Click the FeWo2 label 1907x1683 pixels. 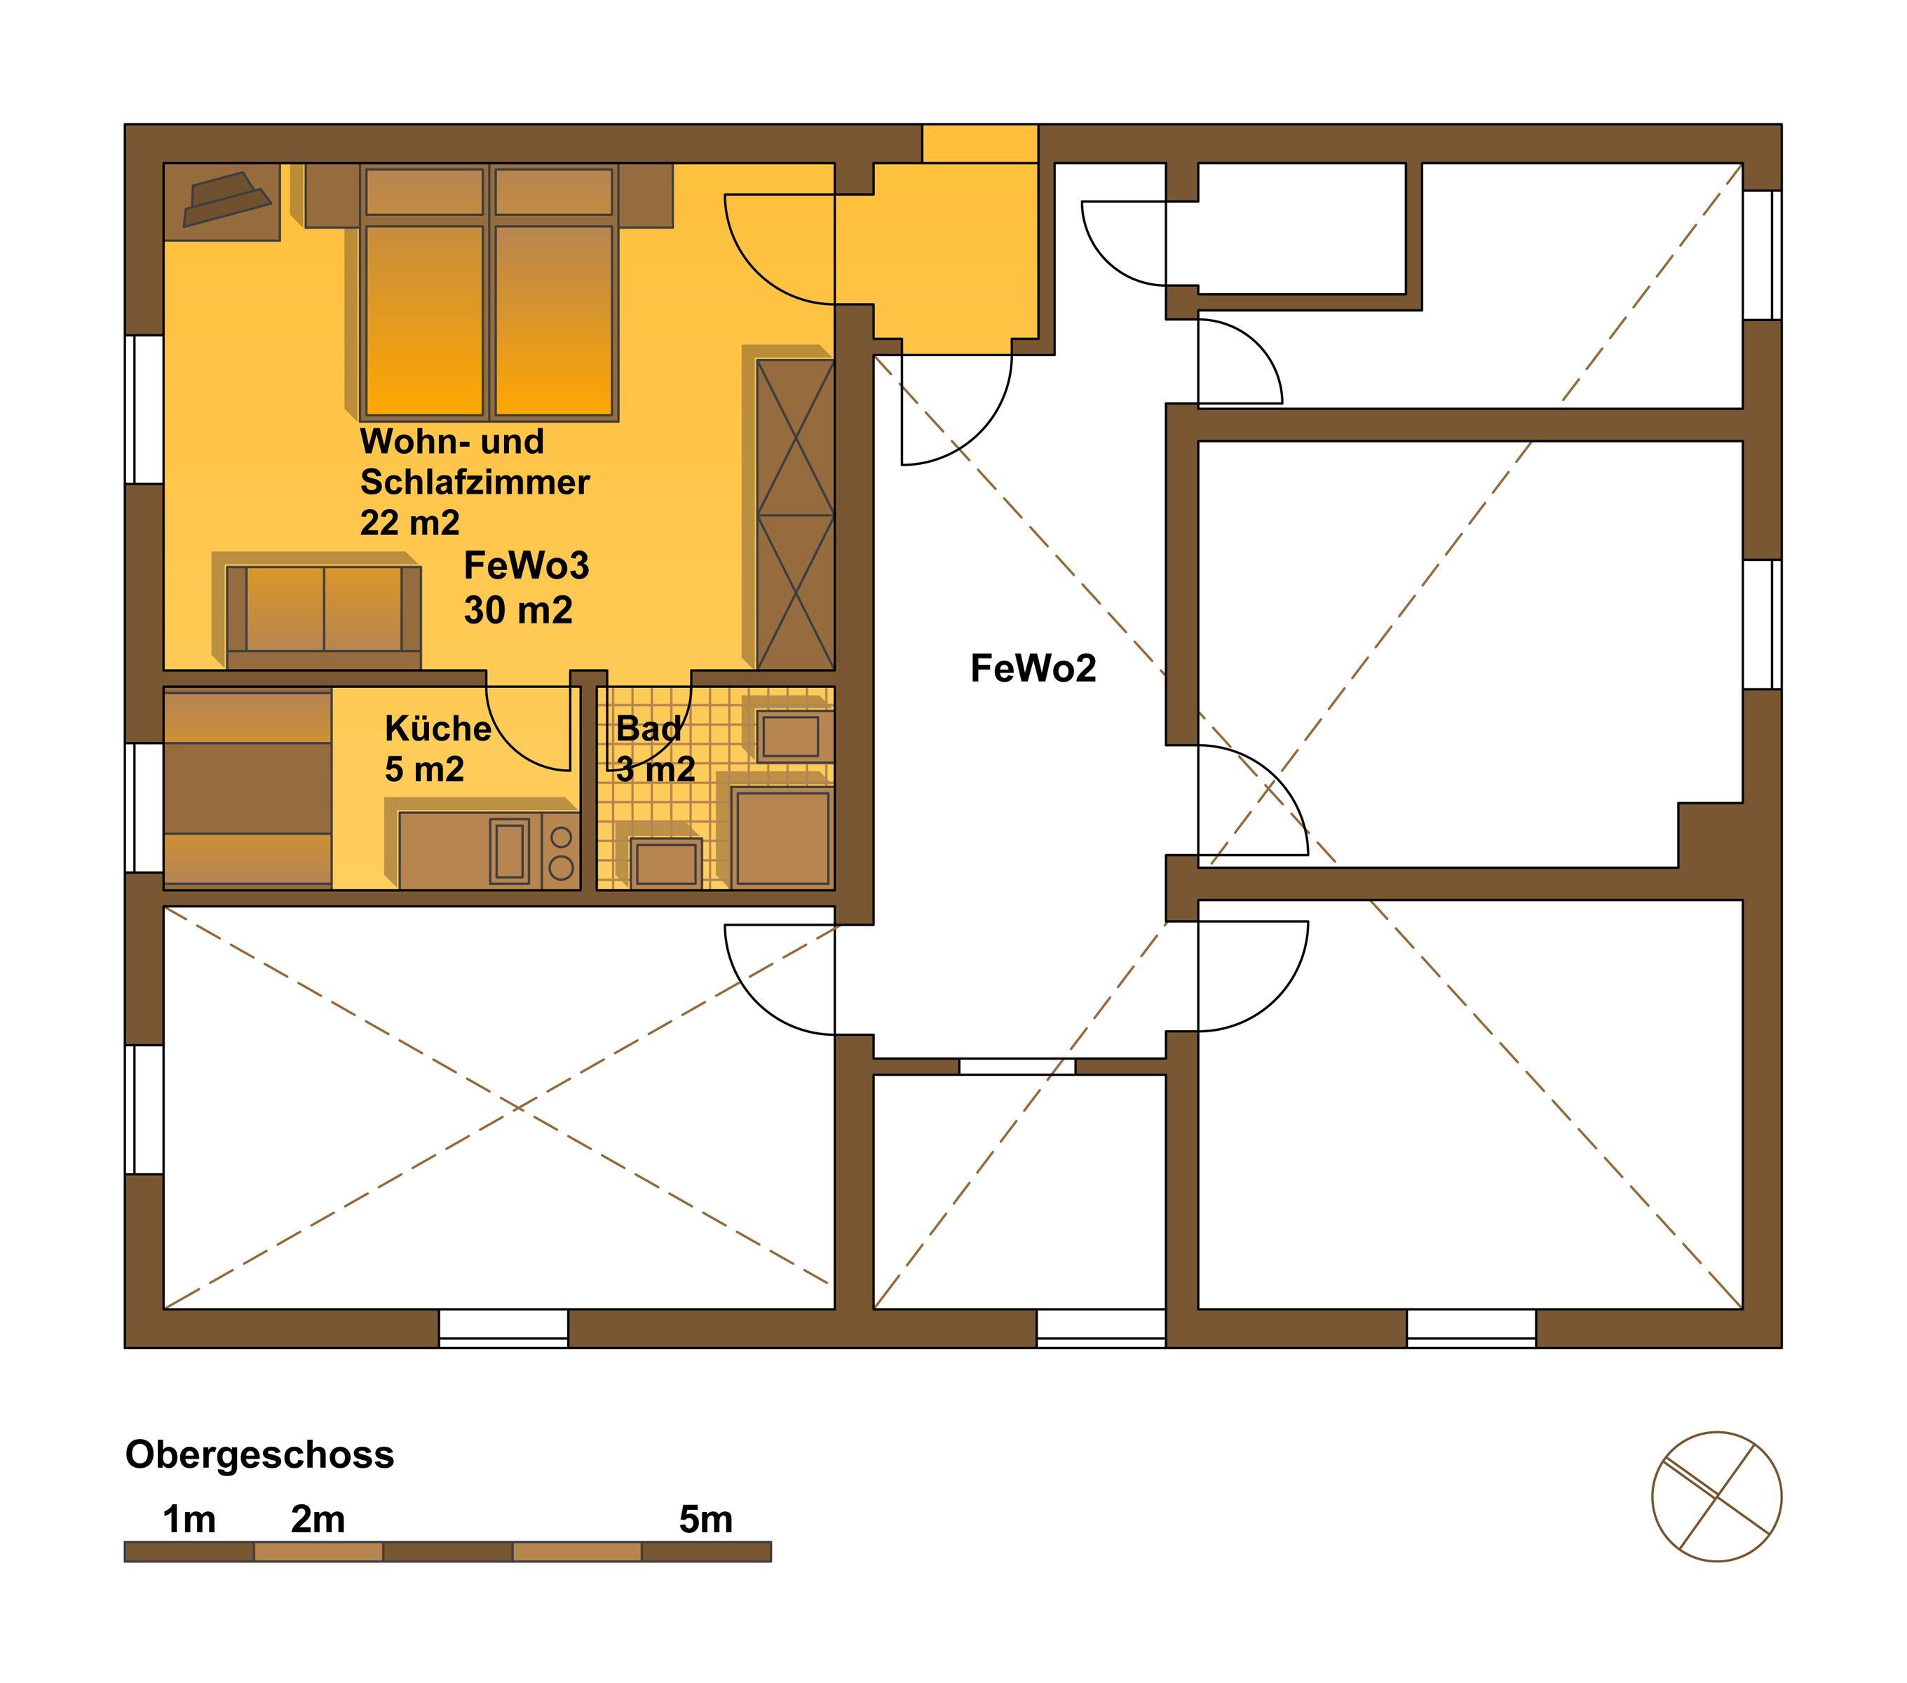click(1033, 669)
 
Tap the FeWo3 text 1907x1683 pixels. click(527, 565)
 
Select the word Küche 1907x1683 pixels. click(437, 728)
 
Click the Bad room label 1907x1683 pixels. click(649, 728)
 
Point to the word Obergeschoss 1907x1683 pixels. click(259, 1454)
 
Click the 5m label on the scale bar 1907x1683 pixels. click(705, 1520)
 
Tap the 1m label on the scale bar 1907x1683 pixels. click(189, 1520)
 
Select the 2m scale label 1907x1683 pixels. click(318, 1520)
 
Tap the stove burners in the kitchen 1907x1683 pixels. click(561, 851)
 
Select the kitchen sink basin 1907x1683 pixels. click(510, 851)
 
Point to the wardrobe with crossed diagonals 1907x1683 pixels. click(795, 514)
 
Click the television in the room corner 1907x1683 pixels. click(226, 198)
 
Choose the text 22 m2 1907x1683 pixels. click(409, 522)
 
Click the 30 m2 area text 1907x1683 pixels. click(518, 610)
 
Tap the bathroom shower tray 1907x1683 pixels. click(782, 837)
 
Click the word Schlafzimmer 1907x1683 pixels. click(475, 482)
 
